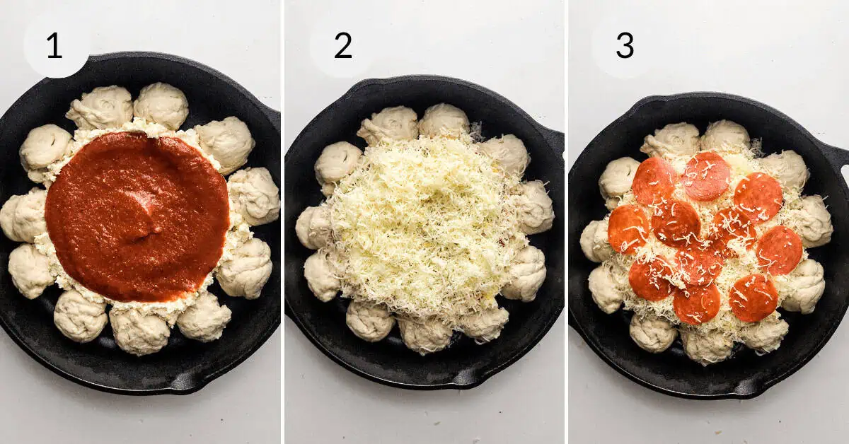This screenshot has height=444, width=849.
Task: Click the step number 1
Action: coord(54,45)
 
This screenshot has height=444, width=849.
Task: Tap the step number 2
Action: coord(343,45)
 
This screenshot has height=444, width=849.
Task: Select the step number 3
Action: coord(625,45)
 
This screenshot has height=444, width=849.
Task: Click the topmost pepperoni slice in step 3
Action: coord(706,175)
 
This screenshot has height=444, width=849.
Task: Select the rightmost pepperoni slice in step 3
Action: coord(780,250)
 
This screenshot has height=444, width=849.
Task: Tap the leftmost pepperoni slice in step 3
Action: coord(628,228)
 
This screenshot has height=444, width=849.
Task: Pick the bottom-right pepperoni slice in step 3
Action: coord(753,297)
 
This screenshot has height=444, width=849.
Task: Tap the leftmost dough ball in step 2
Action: coord(312,227)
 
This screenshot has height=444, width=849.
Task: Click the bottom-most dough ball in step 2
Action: coord(425,334)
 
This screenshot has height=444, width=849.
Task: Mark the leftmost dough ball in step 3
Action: coord(595,240)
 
